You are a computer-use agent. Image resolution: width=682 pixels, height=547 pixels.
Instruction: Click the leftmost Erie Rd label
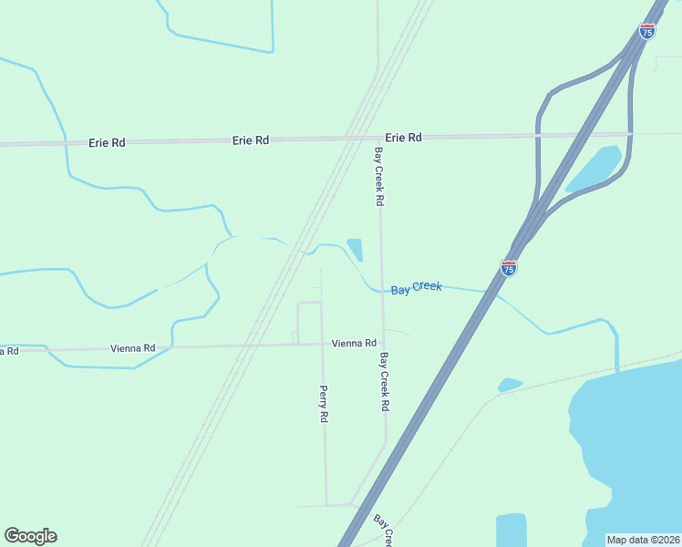point(107,143)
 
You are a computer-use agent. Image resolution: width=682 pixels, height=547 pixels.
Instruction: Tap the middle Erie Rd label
point(250,140)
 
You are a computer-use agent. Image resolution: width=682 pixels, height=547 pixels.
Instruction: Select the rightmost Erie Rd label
point(403,138)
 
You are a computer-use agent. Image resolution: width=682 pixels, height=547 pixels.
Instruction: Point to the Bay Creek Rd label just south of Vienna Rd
point(385,381)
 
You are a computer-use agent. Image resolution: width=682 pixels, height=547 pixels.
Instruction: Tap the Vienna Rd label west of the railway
point(133,348)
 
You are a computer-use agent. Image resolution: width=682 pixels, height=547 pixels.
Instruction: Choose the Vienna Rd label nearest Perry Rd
point(354,343)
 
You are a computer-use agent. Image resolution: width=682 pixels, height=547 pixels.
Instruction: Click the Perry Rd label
point(324,403)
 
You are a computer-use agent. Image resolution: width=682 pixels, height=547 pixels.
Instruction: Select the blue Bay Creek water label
point(417,288)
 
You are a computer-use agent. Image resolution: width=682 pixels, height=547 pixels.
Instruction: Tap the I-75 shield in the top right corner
point(647,31)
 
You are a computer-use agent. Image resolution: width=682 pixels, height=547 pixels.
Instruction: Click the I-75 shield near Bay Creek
point(510,268)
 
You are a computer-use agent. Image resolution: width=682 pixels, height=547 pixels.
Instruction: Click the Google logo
point(30,536)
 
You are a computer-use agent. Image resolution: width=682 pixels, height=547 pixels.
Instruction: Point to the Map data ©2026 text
point(644,540)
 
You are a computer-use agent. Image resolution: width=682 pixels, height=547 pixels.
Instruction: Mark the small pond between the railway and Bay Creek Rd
point(355,249)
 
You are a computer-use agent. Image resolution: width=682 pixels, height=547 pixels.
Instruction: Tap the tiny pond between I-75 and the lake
point(510,385)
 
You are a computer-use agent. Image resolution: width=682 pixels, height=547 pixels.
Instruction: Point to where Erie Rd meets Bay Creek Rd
point(377,138)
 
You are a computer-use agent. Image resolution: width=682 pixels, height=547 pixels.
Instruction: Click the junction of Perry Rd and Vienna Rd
point(322,345)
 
